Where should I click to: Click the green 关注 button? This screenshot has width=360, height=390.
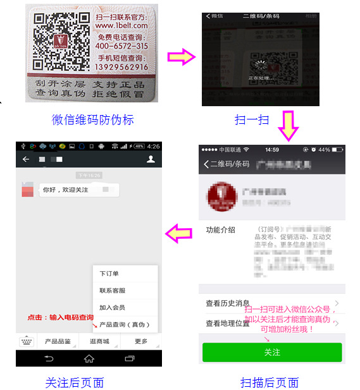point(272,352)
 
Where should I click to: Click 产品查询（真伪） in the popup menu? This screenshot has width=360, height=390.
point(124,324)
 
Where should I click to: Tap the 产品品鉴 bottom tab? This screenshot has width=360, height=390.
point(57,341)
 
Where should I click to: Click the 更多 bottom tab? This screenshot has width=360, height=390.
point(140,341)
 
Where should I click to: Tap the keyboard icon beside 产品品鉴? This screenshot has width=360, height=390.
point(26,341)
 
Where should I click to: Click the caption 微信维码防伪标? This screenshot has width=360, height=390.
point(92,119)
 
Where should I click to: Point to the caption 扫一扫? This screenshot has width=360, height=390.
point(252,119)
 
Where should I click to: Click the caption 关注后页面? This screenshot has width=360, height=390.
point(74,382)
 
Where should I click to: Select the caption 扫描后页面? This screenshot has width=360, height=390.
point(270,382)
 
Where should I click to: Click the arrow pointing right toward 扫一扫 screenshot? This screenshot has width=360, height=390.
point(182,58)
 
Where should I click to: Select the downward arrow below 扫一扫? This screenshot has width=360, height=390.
point(289,125)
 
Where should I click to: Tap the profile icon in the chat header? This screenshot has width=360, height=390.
point(151,160)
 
